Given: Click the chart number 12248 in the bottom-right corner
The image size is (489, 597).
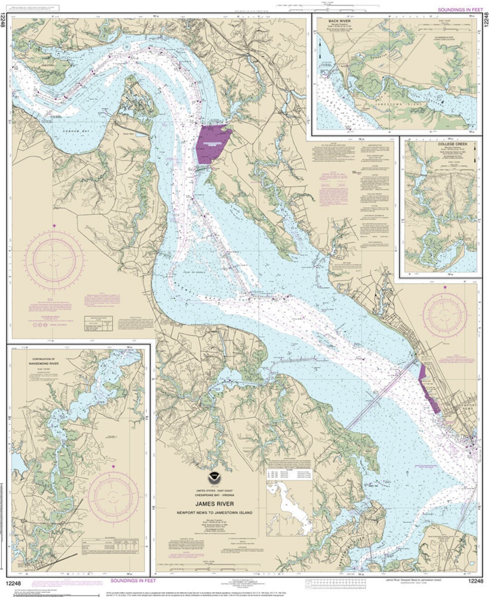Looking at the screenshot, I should pyautogui.click(x=471, y=581).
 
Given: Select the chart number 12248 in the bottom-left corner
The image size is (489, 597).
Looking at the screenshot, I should pyautogui.click(x=17, y=581).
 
